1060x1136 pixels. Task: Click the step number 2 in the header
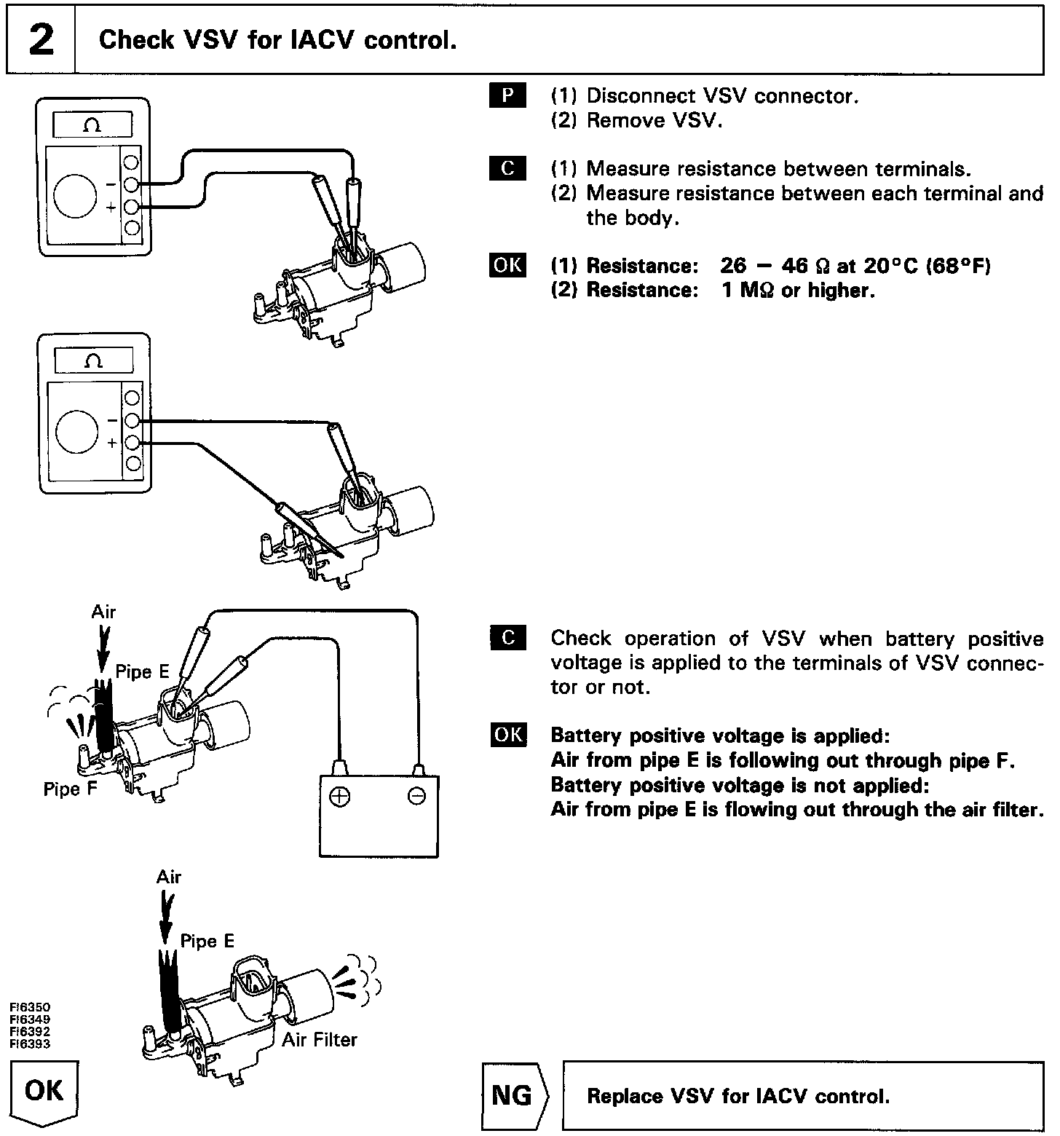point(41,39)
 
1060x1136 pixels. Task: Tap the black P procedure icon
point(507,95)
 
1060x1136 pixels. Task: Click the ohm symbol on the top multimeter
point(92,125)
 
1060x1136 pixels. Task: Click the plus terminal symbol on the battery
point(339,796)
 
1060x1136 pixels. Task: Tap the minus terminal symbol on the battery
point(416,796)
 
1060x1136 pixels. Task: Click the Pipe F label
point(70,789)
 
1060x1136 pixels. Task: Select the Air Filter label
point(320,1039)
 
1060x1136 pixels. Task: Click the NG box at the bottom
point(513,1095)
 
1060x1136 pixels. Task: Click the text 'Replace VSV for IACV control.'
point(738,1096)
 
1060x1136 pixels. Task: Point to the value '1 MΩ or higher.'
point(798,291)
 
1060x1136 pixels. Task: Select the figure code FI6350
point(30,1008)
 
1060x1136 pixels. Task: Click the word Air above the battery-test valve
point(103,612)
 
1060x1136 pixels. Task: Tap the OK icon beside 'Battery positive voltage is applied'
point(507,735)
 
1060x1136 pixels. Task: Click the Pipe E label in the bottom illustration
point(207,941)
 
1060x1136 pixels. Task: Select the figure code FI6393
point(30,1044)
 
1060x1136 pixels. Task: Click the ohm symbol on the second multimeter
point(93,360)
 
